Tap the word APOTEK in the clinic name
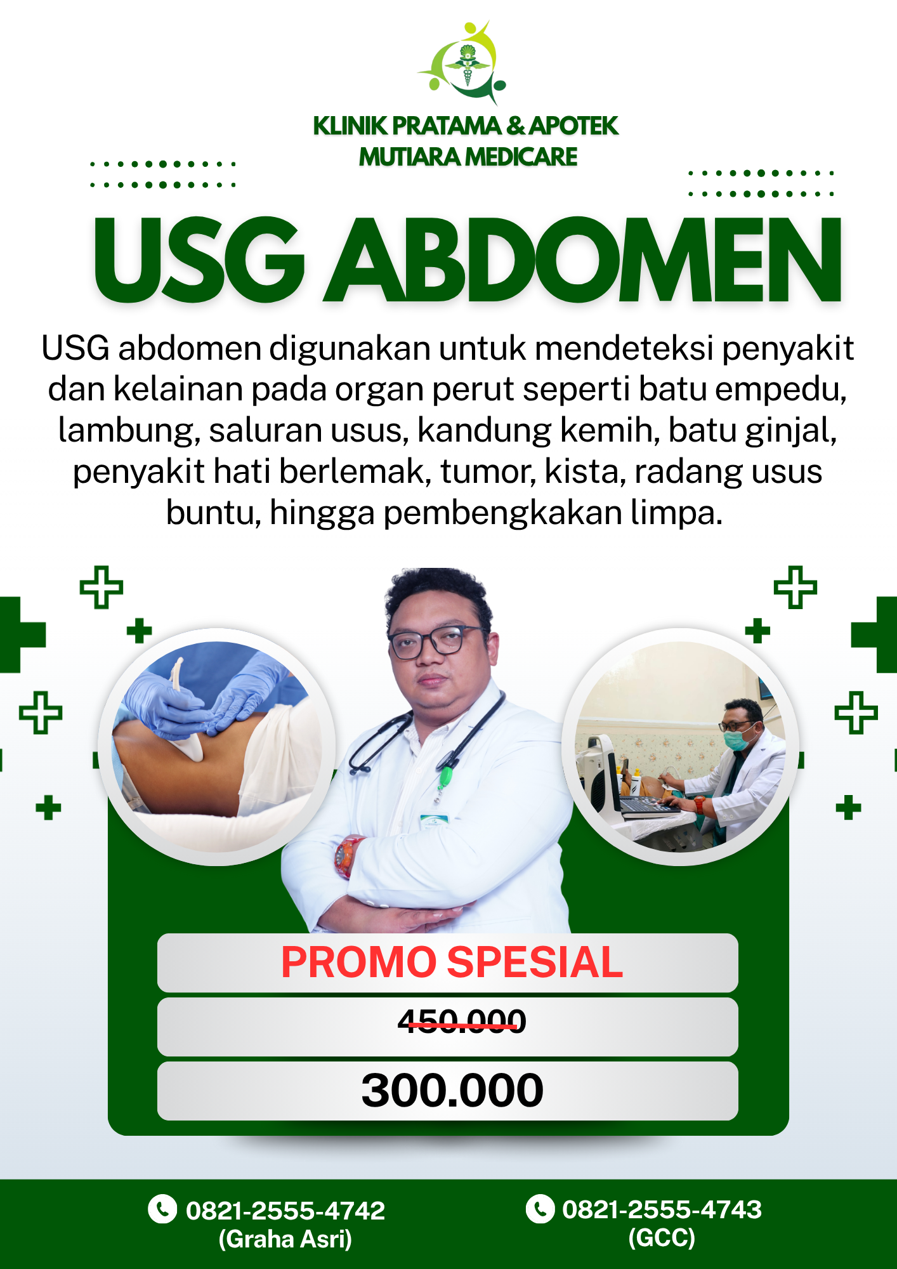573,126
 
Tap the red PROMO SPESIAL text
452,962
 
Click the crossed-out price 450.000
462,1022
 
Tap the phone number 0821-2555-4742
285,1211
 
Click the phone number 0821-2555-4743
662,1209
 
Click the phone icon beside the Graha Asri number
162,1209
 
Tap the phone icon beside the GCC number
540,1208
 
